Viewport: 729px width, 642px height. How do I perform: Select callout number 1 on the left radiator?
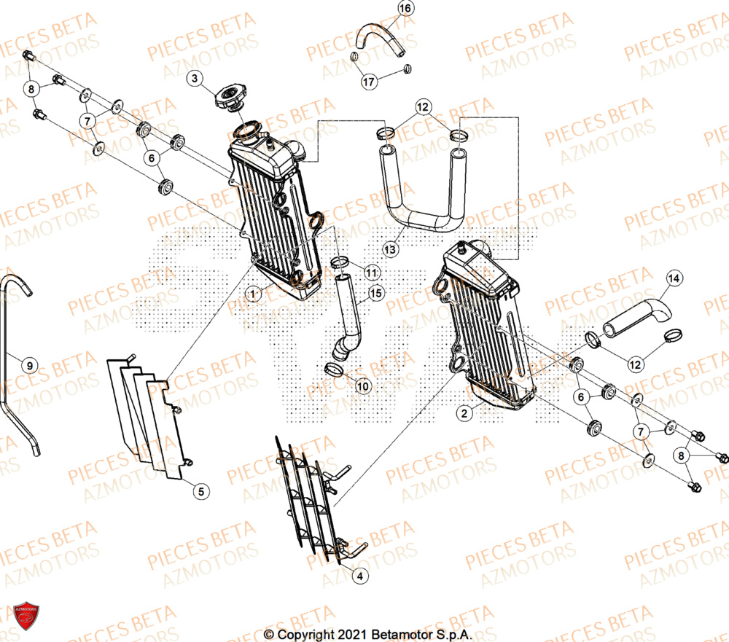coord(253,294)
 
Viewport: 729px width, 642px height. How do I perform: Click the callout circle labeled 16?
coord(405,9)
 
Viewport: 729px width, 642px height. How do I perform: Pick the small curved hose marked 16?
coord(378,36)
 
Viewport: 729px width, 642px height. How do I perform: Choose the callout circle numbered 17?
coord(370,82)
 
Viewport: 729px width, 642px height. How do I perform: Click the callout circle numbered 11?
coord(372,273)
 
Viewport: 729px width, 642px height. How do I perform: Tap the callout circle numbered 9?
coord(28,365)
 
